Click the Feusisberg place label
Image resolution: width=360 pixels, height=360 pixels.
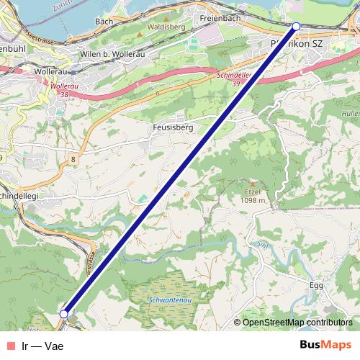tap(171, 127)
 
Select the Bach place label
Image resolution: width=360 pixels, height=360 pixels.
tap(104, 22)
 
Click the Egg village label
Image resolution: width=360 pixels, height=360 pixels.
tap(316, 285)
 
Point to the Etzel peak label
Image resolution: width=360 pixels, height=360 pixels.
tap(252, 192)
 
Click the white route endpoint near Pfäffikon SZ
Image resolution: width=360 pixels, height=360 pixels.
tap(296, 27)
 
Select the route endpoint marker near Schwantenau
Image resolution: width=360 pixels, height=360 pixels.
tap(64, 314)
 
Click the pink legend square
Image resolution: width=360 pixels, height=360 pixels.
tap(9, 346)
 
